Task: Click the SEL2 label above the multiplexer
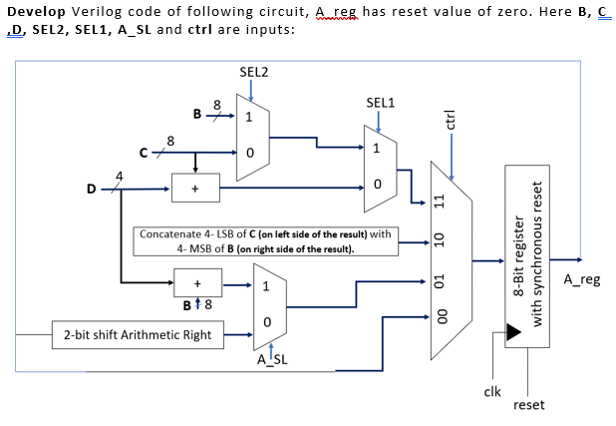[253, 72]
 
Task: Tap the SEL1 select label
[380, 103]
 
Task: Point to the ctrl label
[451, 119]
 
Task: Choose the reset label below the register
[528, 404]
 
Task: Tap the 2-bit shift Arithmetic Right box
[138, 334]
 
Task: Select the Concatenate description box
[265, 239]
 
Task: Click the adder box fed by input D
[195, 187]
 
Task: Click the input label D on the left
[93, 187]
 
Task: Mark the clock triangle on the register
[513, 332]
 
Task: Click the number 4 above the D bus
[121, 176]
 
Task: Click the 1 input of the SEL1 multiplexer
[377, 150]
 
